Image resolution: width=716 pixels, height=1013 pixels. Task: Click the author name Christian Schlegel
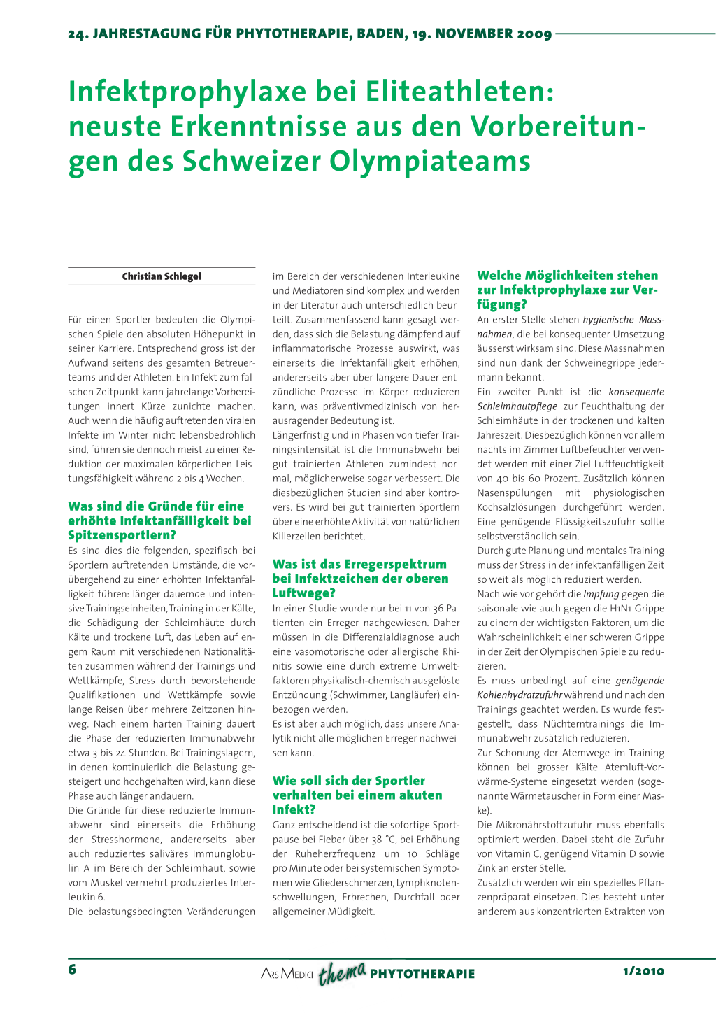click(162, 276)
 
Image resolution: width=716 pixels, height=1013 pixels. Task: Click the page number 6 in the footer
click(72, 970)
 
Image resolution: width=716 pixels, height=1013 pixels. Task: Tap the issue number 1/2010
click(643, 971)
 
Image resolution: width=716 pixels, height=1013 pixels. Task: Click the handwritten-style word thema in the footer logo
click(343, 972)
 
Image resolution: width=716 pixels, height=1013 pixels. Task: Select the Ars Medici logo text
click(287, 973)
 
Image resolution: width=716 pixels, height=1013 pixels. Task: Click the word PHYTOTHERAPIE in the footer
click(422, 974)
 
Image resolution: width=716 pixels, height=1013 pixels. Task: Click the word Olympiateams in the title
click(430, 162)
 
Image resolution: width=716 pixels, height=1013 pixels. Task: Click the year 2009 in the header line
click(534, 34)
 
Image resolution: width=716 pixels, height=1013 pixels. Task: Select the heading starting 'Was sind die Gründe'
click(159, 520)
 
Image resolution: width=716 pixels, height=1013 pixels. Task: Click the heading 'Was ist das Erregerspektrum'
click(361, 579)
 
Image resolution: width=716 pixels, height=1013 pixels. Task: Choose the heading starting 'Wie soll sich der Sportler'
click(357, 795)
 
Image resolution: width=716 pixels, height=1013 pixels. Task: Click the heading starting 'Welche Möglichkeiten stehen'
click(568, 290)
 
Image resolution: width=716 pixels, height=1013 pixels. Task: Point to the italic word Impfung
click(601, 594)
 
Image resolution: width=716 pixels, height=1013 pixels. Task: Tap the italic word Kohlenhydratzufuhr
click(520, 695)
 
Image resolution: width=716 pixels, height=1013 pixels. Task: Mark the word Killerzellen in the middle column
click(297, 537)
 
